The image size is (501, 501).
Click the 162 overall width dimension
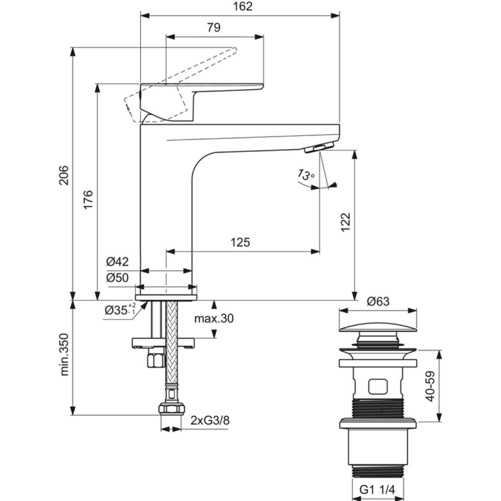point(243,7)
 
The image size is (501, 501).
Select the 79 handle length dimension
point(214,28)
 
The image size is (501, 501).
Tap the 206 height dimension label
point(64,175)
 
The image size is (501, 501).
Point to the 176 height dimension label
point(88,200)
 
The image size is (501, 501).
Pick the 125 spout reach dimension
point(240,243)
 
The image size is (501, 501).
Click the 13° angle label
point(306,175)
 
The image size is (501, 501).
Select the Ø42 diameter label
point(117,262)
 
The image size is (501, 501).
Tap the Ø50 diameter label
point(117,278)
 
